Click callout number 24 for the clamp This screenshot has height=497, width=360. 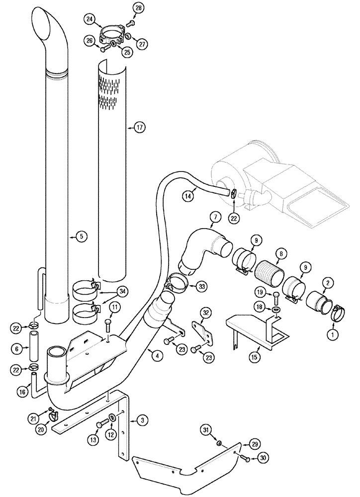click(90, 19)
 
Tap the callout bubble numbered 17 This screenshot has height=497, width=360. click(139, 127)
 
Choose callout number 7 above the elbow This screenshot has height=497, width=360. click(214, 216)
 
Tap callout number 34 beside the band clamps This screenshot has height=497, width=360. click(122, 291)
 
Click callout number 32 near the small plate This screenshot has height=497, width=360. click(206, 312)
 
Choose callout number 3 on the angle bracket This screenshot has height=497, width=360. click(142, 421)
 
